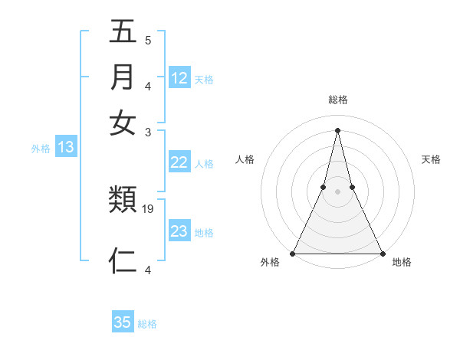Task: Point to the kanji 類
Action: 123,201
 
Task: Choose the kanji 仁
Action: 123,260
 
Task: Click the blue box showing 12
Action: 179,77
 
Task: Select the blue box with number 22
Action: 179,162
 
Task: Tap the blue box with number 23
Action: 179,231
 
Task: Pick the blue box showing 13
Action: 66,148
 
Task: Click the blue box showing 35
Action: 123,322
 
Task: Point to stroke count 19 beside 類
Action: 149,208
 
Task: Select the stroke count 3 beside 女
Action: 147,131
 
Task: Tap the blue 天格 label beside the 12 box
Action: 204,79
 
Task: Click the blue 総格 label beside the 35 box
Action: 147,324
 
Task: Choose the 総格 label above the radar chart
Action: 337,100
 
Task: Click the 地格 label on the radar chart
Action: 402,263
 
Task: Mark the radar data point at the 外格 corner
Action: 293,254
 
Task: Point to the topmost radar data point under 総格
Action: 337,129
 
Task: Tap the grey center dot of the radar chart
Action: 337,192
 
